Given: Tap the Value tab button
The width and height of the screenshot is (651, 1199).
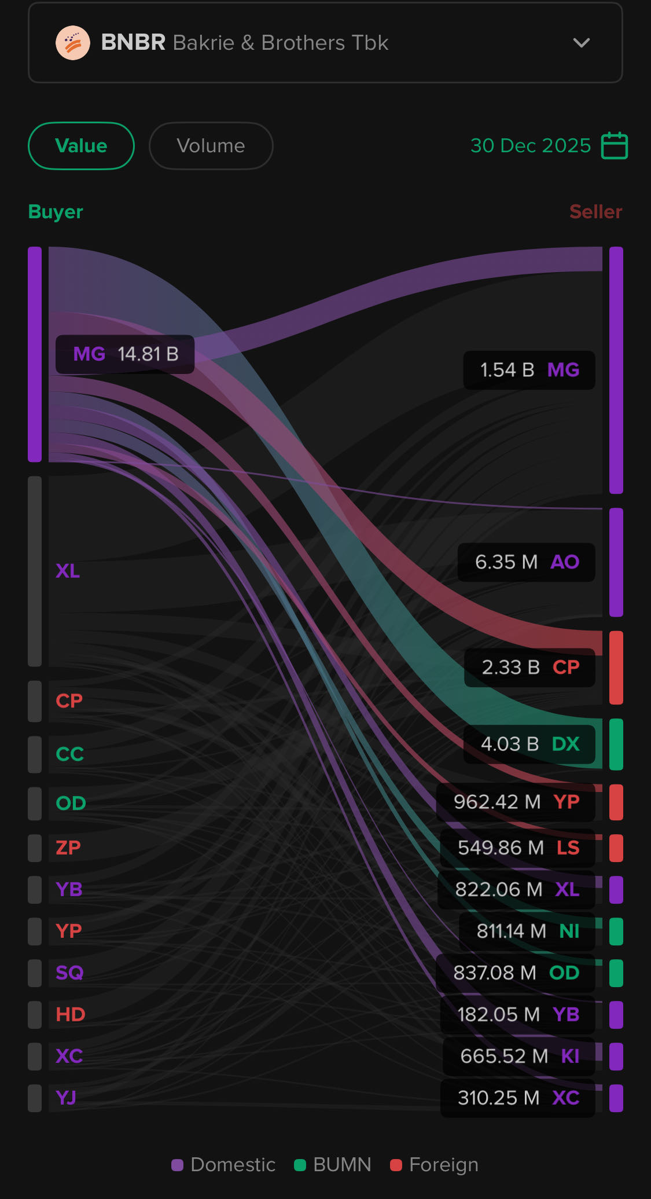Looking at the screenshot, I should point(81,146).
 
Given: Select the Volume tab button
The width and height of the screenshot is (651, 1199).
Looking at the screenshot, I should point(211,146).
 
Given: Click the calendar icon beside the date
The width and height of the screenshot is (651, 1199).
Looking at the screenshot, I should point(614,145).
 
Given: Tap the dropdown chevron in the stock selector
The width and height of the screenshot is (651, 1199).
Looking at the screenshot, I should point(581,43).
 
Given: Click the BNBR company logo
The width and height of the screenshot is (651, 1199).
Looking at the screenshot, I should point(73,43).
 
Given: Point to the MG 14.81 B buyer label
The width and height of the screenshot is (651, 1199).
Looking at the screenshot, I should point(125,354).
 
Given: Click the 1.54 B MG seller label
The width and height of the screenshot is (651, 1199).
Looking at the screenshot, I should point(529,370).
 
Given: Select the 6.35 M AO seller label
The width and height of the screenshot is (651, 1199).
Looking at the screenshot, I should point(526,562).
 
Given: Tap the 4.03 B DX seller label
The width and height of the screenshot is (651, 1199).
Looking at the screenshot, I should point(529,744).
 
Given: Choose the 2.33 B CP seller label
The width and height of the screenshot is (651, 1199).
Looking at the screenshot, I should point(529,668).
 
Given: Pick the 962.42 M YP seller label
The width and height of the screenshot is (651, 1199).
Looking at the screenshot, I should point(516,802).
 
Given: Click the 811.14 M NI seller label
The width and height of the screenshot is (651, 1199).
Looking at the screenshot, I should point(527,931).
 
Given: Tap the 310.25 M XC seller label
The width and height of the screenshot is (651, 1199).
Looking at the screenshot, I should point(518,1098).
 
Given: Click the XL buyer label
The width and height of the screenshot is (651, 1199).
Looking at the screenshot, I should point(68,571).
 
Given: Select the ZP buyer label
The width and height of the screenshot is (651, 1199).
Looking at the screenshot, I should point(68,848).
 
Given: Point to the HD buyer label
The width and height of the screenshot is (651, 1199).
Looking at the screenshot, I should point(71,1014).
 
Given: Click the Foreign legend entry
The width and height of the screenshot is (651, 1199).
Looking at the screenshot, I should point(435,1165).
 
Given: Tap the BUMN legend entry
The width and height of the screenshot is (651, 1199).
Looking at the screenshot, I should point(333,1165).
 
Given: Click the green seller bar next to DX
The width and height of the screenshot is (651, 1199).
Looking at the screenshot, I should point(616,744).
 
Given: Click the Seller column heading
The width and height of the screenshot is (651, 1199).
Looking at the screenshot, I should point(595,212).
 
